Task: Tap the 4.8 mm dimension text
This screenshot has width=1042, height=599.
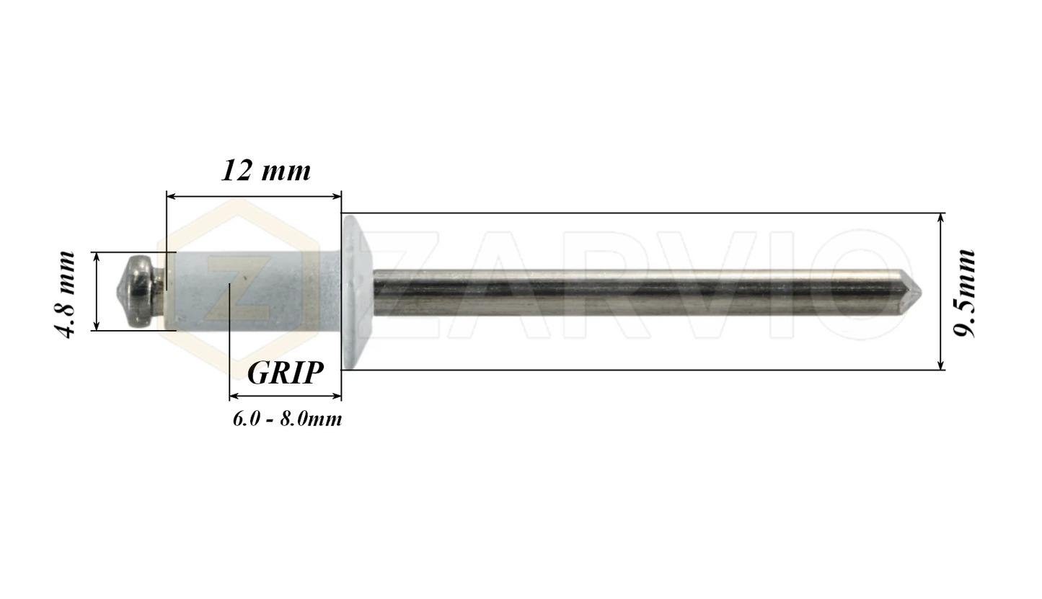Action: (66, 294)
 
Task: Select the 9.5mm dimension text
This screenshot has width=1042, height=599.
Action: (965, 293)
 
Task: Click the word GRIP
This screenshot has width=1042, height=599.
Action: (285, 373)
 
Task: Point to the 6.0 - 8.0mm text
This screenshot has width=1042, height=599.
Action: (287, 419)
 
